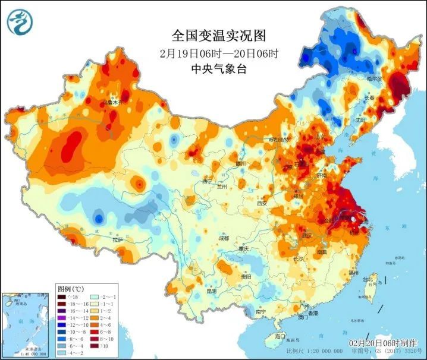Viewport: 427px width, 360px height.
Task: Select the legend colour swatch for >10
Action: [96, 345]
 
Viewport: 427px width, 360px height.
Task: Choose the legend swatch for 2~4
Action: [96, 317]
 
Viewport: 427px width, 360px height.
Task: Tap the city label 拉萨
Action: [118, 239]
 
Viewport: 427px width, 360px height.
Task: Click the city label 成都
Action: [224, 238]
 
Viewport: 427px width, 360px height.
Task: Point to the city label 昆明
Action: [212, 291]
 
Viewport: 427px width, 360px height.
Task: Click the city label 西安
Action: [262, 203]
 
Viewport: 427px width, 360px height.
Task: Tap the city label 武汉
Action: [307, 236]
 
